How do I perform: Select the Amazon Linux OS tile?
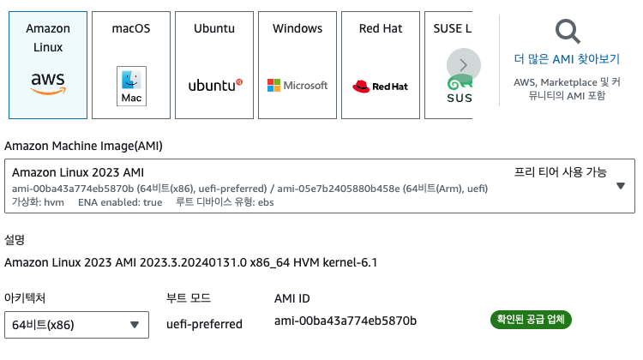48,65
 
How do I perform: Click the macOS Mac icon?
131,86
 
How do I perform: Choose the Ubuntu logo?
214,85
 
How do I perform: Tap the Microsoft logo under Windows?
297,86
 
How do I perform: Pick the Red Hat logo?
381,86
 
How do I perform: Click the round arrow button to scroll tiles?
464,65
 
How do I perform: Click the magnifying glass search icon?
567,33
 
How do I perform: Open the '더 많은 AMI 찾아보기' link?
567,59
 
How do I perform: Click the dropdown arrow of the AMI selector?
621,185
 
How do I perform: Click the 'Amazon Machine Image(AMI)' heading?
83,146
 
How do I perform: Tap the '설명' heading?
15,240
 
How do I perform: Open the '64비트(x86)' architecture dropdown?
75,325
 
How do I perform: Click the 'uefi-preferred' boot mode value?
204,324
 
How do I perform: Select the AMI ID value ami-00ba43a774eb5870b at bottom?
345,321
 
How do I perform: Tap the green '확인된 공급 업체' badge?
531,320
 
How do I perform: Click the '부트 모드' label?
188,298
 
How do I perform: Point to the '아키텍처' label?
27,298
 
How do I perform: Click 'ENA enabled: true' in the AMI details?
120,202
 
